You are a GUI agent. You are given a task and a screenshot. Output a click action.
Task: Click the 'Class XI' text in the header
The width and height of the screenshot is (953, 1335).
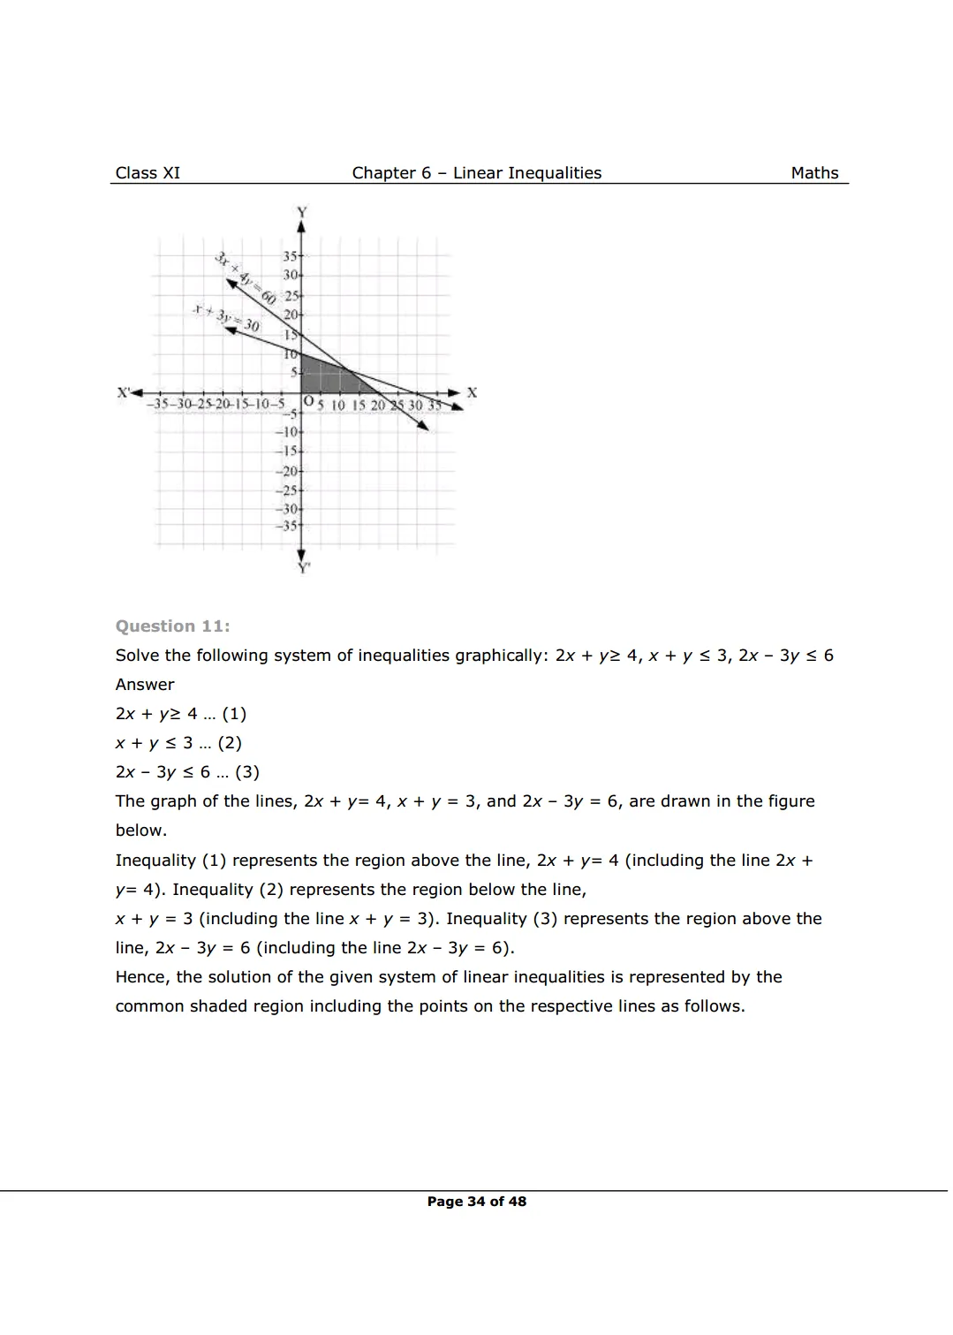[147, 173]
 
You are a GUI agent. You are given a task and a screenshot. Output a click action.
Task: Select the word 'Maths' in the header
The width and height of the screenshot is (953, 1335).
[814, 173]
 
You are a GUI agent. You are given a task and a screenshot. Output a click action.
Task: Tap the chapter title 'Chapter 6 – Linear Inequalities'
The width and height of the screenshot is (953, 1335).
[476, 173]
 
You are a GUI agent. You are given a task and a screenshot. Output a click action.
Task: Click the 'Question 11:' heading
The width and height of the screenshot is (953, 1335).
[172, 626]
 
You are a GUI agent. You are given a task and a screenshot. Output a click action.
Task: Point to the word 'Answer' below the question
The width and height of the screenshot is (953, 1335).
[145, 685]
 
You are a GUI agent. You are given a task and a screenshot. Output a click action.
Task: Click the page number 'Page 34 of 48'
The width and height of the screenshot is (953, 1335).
[476, 1202]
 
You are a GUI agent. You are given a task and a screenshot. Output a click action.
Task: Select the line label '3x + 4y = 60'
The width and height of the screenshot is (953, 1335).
[245, 278]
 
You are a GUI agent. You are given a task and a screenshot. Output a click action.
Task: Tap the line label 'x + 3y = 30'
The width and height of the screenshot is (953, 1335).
[227, 318]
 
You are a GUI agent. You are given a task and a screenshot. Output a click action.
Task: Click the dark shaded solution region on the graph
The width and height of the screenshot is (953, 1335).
[322, 375]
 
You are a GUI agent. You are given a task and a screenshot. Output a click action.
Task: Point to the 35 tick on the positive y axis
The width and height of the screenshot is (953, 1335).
[290, 256]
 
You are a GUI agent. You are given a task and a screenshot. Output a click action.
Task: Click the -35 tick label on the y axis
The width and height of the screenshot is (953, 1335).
[287, 526]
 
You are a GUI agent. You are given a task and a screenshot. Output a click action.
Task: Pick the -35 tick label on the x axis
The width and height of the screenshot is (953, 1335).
[159, 405]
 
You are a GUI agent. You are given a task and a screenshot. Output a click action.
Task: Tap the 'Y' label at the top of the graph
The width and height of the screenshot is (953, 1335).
[302, 212]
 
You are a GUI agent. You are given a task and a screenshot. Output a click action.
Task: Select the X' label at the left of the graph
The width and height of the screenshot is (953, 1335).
[124, 391]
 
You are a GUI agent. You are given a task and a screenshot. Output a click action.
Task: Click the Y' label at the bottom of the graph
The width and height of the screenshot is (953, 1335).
[304, 568]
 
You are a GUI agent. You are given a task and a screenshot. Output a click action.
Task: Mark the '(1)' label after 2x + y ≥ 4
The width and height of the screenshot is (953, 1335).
[234, 714]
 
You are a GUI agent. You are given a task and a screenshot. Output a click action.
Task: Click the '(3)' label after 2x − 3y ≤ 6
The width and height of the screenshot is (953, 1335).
[247, 772]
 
